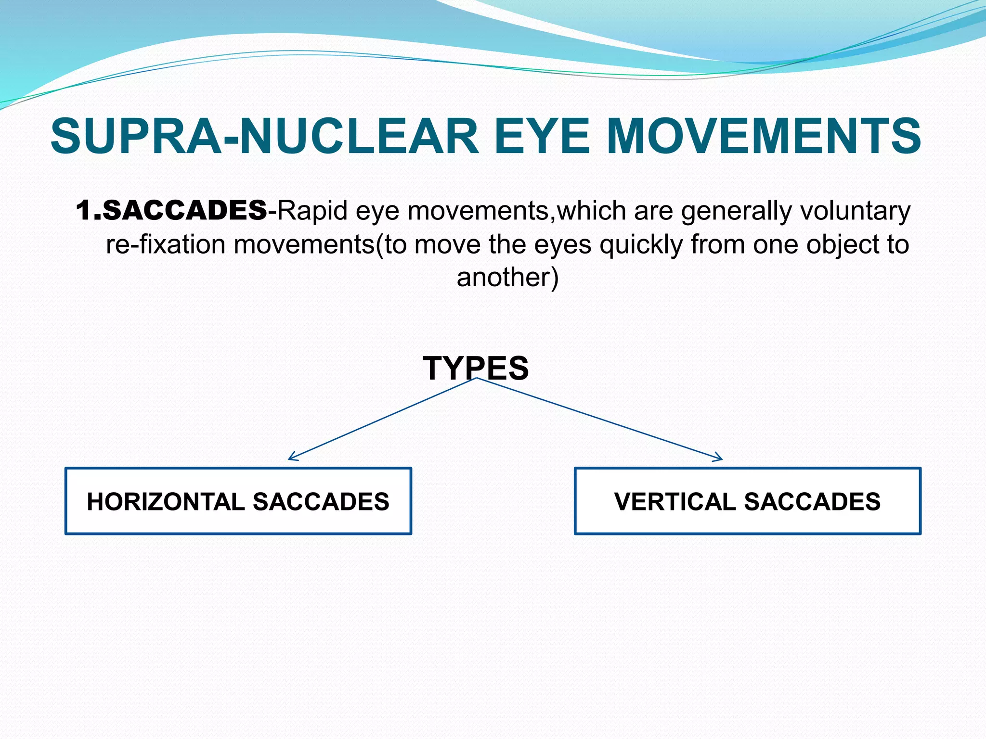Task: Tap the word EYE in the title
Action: (x=542, y=136)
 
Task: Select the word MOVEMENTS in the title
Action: (x=764, y=136)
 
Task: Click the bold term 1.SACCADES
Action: (x=171, y=211)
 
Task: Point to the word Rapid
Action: (x=312, y=211)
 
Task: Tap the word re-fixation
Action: (x=166, y=244)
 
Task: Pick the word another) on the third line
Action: (x=507, y=278)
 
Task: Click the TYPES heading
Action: (x=476, y=368)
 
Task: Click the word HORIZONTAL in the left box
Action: (x=166, y=501)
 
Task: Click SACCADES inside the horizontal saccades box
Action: (x=321, y=501)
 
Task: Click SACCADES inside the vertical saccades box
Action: (x=812, y=501)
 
